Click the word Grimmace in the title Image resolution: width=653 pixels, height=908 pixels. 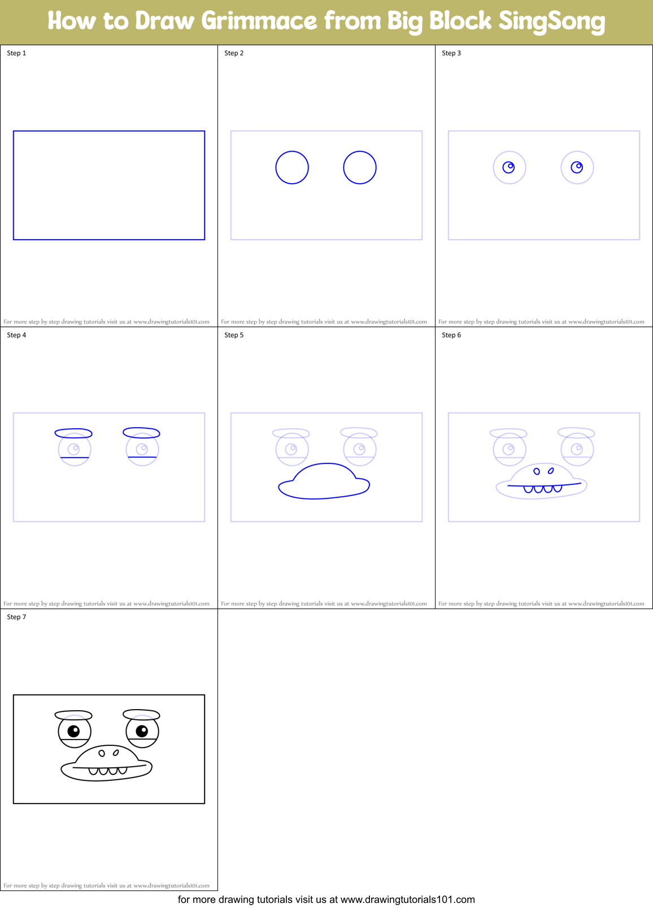259,21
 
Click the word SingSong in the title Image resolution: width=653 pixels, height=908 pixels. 551,21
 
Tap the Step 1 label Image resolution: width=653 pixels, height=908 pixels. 16,53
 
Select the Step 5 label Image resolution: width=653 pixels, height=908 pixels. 234,335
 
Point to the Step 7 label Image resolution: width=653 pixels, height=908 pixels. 16,617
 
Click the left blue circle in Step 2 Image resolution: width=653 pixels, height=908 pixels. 292,167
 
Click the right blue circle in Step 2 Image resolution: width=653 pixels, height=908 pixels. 360,167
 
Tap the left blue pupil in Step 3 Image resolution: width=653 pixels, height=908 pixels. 508,167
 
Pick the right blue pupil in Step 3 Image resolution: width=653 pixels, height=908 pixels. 577,167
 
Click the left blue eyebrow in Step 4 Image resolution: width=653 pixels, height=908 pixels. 73,433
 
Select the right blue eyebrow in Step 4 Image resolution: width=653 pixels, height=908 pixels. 141,433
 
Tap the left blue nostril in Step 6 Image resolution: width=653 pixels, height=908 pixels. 537,471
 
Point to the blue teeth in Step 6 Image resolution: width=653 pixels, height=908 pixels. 543,489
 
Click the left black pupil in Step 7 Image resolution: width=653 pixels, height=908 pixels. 73,731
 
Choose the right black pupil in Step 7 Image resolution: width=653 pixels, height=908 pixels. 142,731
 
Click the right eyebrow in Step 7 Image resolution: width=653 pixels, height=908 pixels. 141,715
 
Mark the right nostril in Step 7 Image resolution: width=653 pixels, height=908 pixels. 116,753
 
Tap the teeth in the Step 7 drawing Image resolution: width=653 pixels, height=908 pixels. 108,771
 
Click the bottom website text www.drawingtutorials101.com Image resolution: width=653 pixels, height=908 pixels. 407,900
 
